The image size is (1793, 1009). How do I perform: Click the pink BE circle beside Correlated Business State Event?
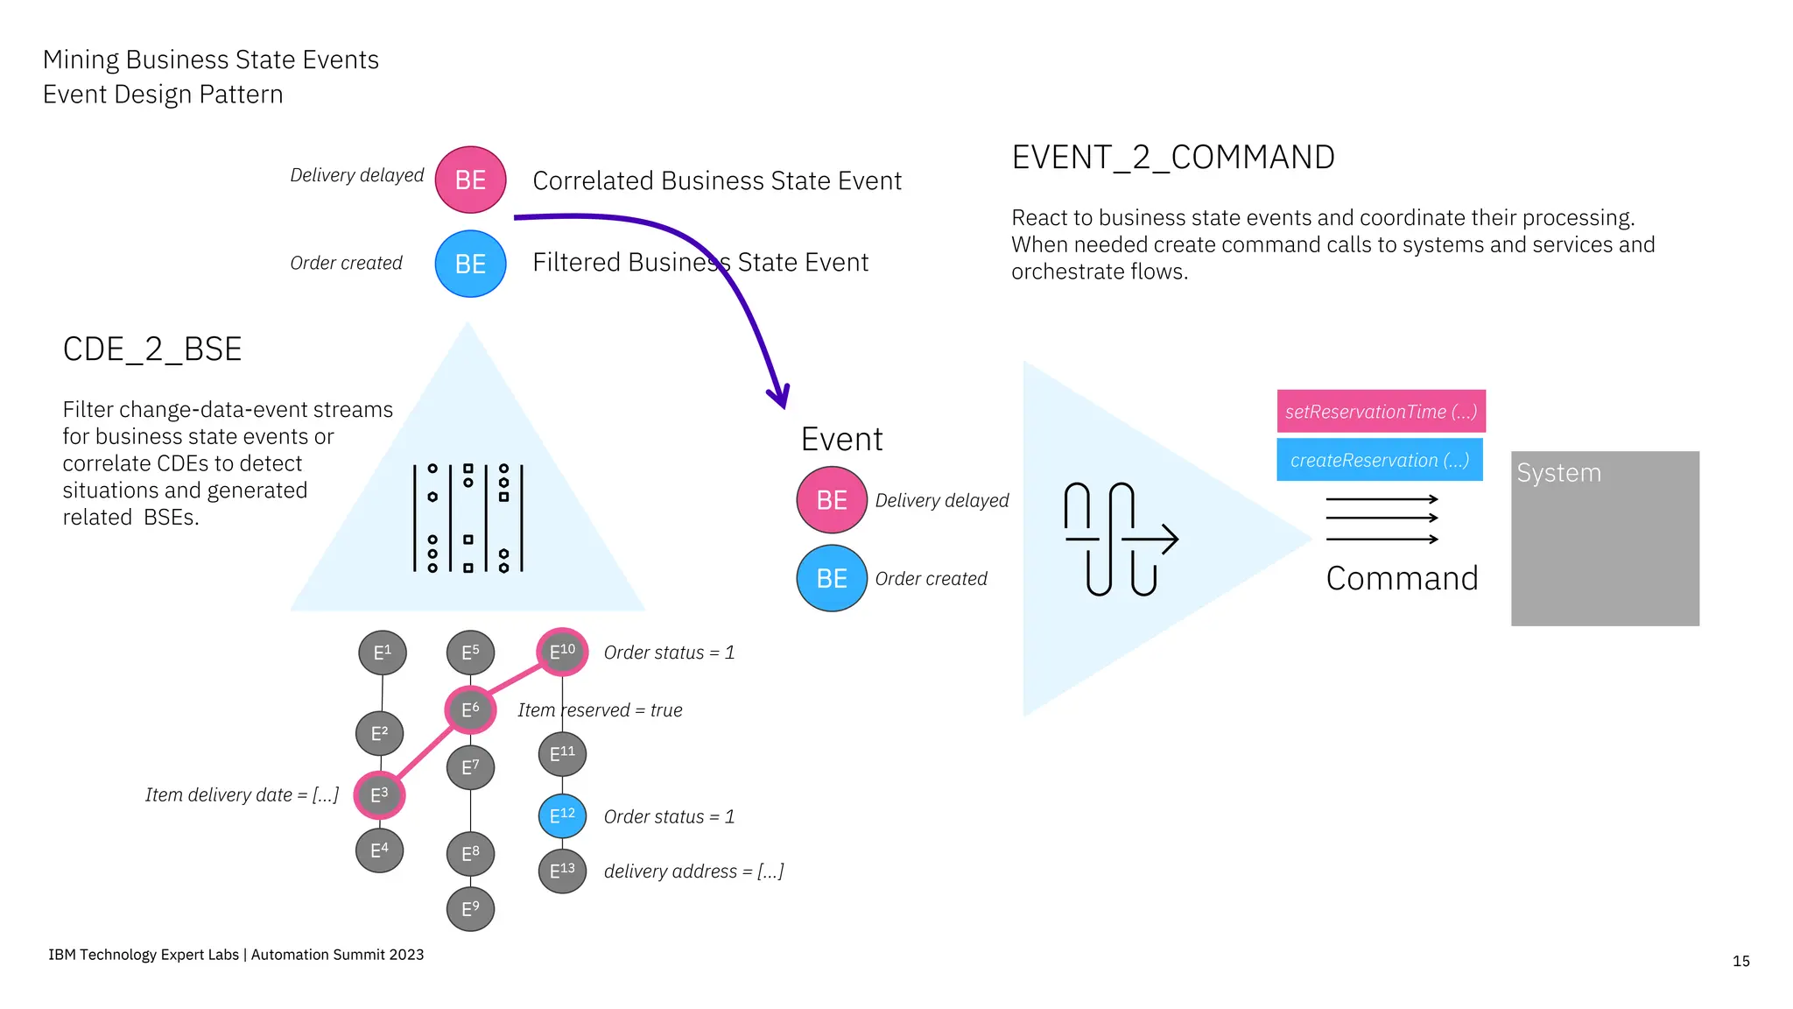click(470, 180)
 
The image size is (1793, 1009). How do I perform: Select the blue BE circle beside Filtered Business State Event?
click(470, 264)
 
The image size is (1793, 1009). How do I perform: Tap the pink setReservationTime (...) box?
click(1381, 411)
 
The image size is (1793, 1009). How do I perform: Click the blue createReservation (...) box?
click(1379, 460)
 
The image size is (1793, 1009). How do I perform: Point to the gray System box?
click(1604, 538)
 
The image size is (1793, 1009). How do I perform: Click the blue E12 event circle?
click(562, 815)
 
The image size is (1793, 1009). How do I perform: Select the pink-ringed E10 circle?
click(562, 652)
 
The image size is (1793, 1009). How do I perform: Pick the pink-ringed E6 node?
click(470, 709)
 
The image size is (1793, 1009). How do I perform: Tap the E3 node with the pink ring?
click(379, 795)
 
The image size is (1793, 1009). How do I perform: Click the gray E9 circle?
click(470, 909)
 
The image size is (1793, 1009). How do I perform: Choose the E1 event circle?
click(383, 653)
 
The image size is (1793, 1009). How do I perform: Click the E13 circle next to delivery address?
click(562, 871)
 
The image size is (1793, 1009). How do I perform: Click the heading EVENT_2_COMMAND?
click(1172, 158)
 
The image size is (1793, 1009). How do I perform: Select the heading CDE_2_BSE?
click(151, 349)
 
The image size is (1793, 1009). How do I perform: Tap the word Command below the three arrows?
click(1402, 579)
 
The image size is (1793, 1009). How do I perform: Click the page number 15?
click(1740, 961)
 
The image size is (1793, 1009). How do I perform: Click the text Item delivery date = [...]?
click(242, 794)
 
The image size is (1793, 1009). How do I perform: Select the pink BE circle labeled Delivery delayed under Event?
click(831, 500)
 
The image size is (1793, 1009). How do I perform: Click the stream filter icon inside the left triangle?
click(468, 518)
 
